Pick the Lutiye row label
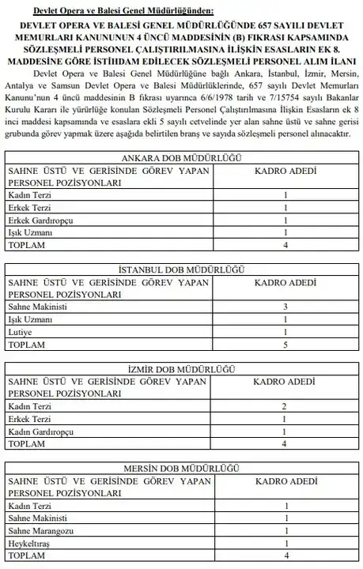point(19,333)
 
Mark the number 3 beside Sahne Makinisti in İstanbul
point(285,306)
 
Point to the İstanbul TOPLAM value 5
point(285,345)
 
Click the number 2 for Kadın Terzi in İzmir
point(285,405)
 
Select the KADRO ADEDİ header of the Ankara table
point(285,170)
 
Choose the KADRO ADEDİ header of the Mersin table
point(285,482)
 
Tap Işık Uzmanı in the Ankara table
point(29,234)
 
